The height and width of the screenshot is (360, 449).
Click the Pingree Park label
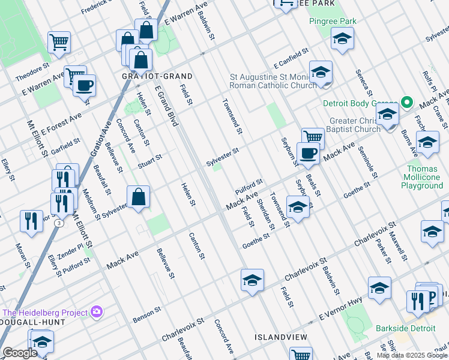coord(333,22)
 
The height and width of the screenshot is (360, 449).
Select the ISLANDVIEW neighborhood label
coord(281,337)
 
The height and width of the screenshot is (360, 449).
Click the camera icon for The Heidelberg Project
coord(96,312)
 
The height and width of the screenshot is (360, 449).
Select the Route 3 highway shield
coord(59,223)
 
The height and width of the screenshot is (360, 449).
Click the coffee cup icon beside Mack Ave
coord(308,154)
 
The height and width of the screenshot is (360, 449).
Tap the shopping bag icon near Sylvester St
coord(138,196)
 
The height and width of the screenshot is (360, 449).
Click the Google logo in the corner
coord(20,353)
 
